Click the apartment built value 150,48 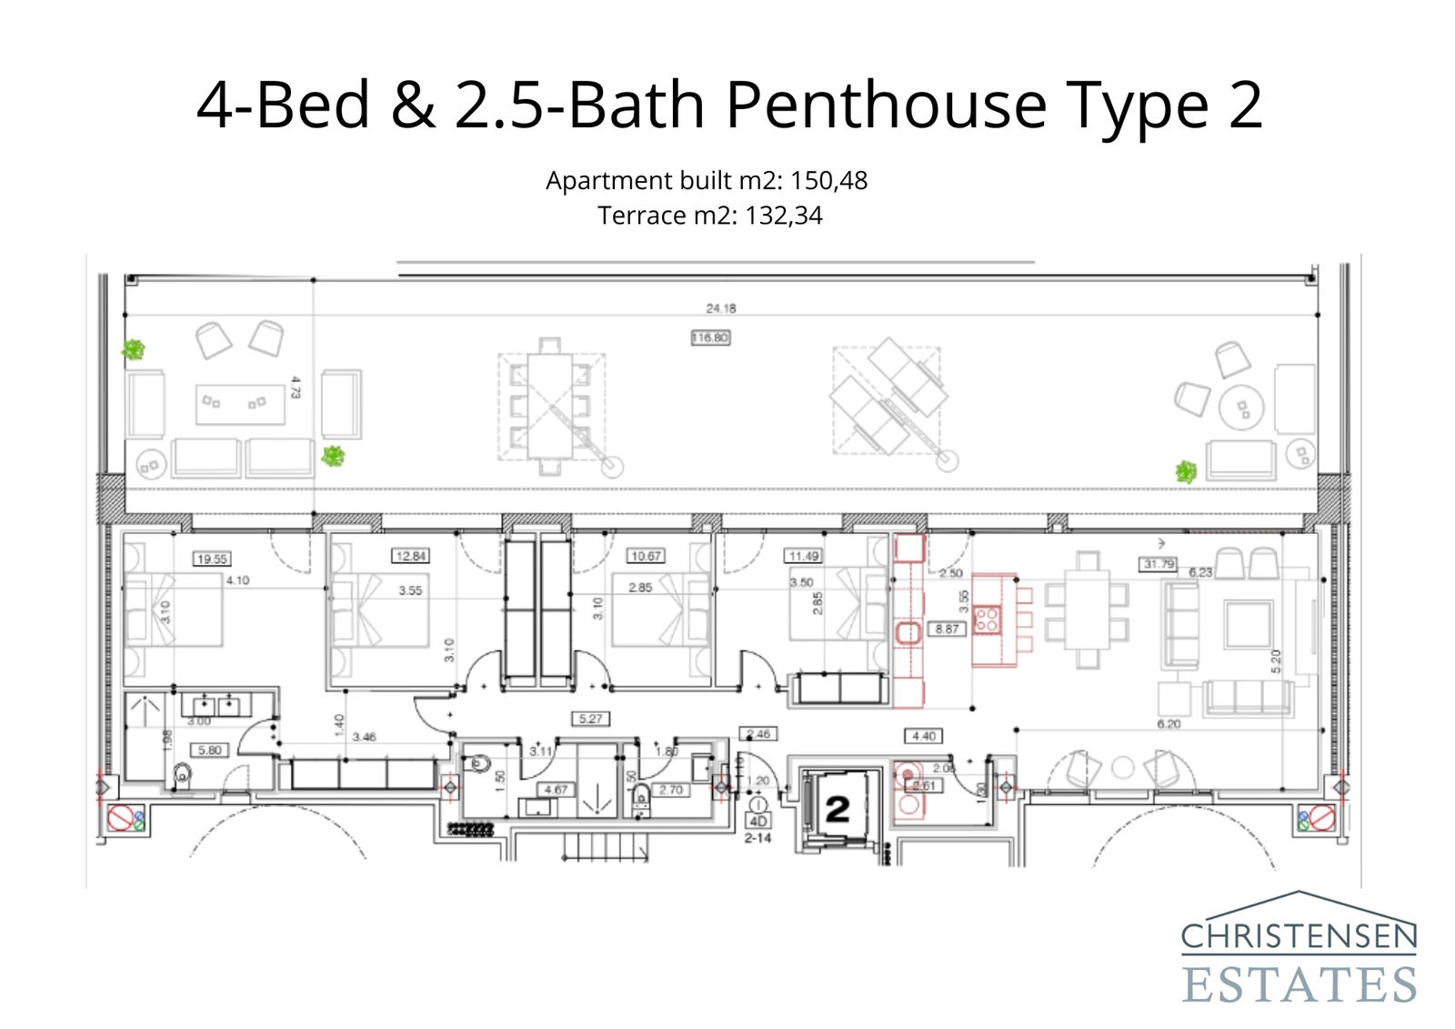point(828,180)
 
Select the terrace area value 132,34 point(783,216)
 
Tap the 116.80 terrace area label point(710,338)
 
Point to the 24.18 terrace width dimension point(721,308)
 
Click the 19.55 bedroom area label point(212,559)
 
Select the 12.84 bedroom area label point(410,556)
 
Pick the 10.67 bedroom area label point(646,556)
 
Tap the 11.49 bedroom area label point(803,556)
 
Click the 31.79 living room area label point(1159,564)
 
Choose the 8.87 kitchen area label point(947,629)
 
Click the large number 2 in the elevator point(837,809)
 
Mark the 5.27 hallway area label point(590,719)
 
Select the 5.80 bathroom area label point(209,751)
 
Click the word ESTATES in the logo point(1299,984)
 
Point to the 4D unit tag point(758,822)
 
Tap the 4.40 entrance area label point(923,736)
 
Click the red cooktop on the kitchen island point(987,620)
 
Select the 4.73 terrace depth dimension point(295,388)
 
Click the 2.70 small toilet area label point(671,790)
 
